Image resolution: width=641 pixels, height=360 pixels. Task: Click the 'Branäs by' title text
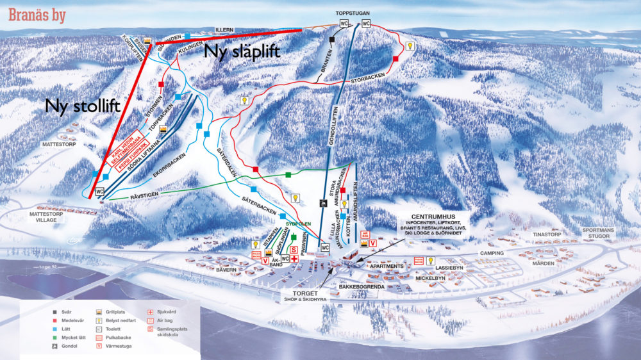click(37, 15)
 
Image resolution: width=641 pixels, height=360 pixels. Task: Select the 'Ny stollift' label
click(83, 106)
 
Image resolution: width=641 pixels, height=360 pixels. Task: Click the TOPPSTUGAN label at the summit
click(353, 13)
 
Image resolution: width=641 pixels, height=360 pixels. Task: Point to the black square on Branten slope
click(332, 40)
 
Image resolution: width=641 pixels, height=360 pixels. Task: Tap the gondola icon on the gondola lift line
click(324, 203)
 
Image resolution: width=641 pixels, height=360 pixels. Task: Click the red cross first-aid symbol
click(294, 259)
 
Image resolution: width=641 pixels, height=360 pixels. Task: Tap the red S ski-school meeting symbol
click(294, 250)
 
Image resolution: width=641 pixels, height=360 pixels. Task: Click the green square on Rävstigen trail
click(288, 174)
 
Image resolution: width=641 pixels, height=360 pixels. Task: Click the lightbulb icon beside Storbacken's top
click(408, 45)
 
